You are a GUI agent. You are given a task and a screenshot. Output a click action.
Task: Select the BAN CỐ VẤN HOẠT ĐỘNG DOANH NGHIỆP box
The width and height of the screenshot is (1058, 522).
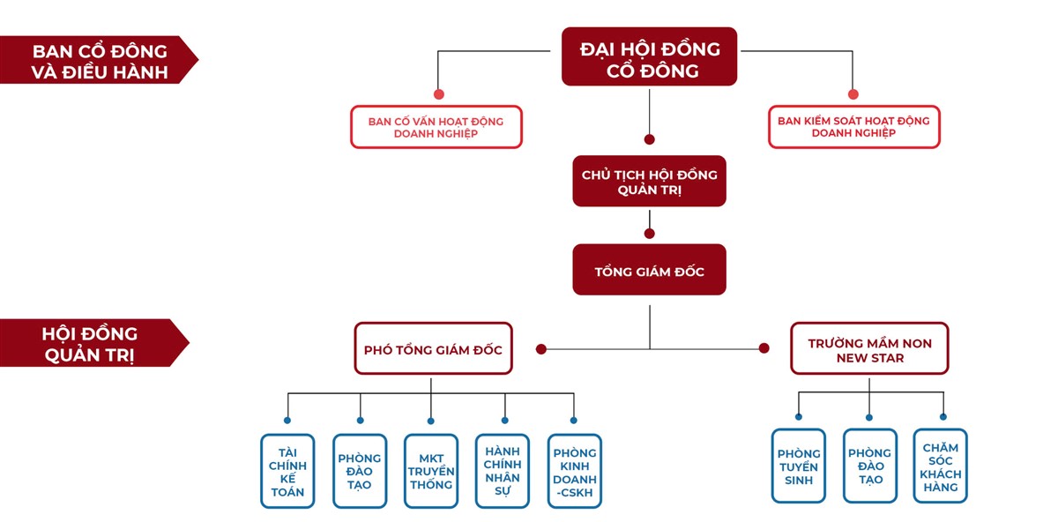tap(436, 127)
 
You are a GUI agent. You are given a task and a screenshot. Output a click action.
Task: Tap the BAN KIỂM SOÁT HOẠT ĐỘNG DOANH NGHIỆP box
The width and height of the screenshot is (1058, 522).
tap(853, 127)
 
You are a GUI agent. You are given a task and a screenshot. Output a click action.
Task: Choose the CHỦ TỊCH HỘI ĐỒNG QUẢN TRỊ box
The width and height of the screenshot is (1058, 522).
tap(649, 181)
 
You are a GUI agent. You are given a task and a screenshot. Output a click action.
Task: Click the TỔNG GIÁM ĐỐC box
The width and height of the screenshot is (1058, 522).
tap(649, 270)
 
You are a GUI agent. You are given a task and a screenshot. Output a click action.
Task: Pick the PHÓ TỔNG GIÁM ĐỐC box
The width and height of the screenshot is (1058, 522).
tap(433, 349)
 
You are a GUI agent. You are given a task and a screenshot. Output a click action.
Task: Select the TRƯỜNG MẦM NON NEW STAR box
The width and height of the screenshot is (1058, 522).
tap(868, 349)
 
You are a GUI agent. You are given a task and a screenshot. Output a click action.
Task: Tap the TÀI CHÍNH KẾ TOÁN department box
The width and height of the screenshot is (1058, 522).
tap(287, 471)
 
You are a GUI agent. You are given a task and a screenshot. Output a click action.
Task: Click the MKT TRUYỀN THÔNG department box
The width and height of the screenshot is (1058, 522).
tap(431, 471)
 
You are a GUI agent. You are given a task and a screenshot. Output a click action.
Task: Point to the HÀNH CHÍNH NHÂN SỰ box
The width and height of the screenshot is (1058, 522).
tap(503, 471)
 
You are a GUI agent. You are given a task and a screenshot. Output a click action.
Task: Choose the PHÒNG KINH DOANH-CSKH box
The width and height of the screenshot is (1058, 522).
tap(575, 471)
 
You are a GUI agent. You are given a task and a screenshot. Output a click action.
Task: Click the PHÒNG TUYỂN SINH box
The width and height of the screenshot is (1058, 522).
tap(798, 466)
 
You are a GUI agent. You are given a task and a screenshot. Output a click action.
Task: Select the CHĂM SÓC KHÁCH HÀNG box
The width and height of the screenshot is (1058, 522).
tap(940, 466)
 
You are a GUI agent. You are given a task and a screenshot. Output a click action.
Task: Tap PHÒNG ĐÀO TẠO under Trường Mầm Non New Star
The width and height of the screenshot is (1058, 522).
tap(869, 466)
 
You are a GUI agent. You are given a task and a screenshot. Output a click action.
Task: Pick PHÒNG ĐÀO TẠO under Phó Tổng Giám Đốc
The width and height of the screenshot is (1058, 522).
tap(360, 471)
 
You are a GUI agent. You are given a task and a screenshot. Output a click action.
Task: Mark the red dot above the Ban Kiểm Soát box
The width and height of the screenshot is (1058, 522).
tap(853, 94)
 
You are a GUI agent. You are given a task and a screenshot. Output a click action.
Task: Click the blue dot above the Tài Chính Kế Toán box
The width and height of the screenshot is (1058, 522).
tap(287, 421)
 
